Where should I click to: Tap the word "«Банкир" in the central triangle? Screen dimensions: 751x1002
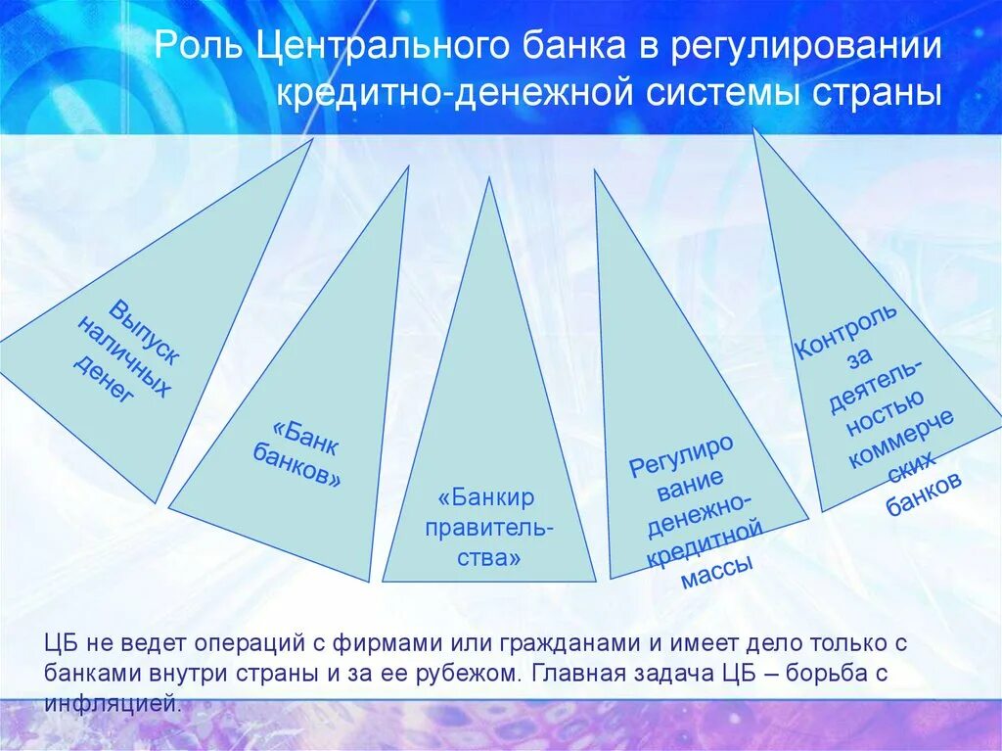pos(487,497)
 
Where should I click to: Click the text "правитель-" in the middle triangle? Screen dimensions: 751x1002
pos(487,529)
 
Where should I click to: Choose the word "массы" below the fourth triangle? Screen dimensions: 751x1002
pos(716,569)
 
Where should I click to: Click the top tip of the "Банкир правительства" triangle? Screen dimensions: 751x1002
pos(488,178)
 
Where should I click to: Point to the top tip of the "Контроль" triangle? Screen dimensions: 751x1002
pos(754,128)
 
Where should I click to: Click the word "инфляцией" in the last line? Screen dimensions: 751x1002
pos(113,703)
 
